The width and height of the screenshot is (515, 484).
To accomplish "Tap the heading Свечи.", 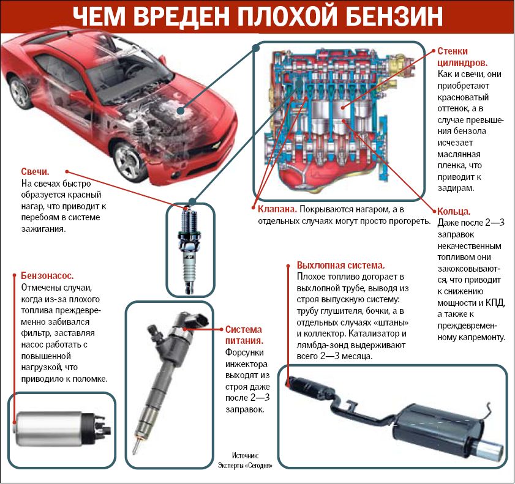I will tap(35, 173).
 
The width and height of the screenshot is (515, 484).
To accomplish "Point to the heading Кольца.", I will tap(454, 211).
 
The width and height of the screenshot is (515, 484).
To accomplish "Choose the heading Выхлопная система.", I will tap(340, 266).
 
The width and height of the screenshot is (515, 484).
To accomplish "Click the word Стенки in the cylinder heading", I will tap(454, 51).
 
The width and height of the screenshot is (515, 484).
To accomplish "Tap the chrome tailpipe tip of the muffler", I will tap(489, 450).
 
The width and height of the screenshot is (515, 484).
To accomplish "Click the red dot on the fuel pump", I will tap(15, 421).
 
